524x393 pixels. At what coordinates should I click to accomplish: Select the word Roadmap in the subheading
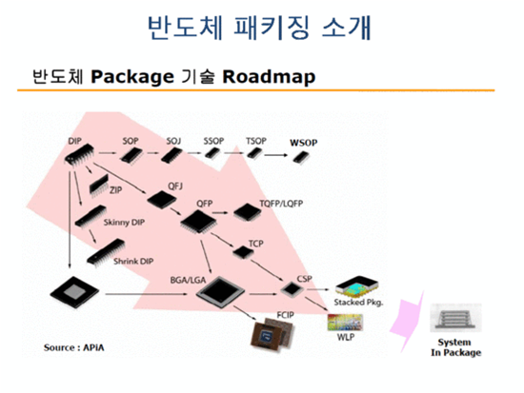pyautogui.click(x=270, y=74)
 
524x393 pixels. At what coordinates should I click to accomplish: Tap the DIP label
pyautogui.click(x=75, y=141)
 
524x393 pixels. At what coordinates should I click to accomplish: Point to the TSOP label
pyautogui.click(x=256, y=140)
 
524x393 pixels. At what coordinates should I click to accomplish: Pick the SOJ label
pyautogui.click(x=173, y=140)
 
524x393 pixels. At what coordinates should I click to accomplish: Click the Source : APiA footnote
pyautogui.click(x=72, y=348)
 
